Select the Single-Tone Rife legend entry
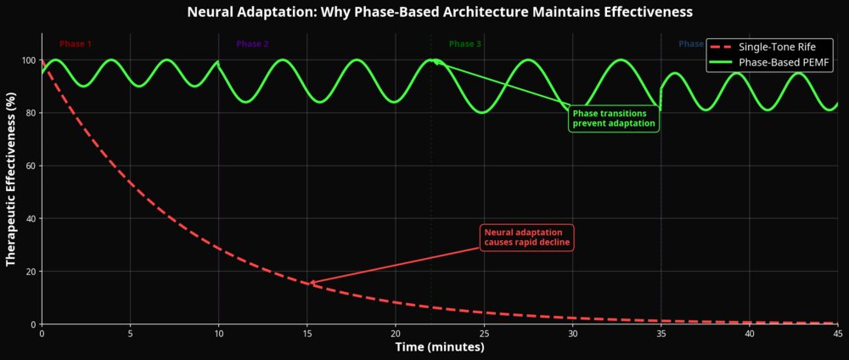(x=770, y=47)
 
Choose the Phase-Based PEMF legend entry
(x=770, y=63)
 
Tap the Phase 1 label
(x=76, y=43)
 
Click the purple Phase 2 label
(x=252, y=43)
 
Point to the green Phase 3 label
(x=465, y=43)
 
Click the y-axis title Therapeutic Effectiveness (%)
(x=12, y=178)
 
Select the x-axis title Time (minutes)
(x=439, y=347)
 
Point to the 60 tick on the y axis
(x=31, y=166)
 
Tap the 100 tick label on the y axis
(x=28, y=60)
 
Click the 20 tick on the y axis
(x=31, y=272)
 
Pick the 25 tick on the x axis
(x=484, y=334)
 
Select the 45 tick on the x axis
(x=837, y=334)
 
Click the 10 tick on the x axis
(x=218, y=334)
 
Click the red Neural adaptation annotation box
(x=527, y=238)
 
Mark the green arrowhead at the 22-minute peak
(x=434, y=61)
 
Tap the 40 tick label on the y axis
(x=31, y=218)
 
